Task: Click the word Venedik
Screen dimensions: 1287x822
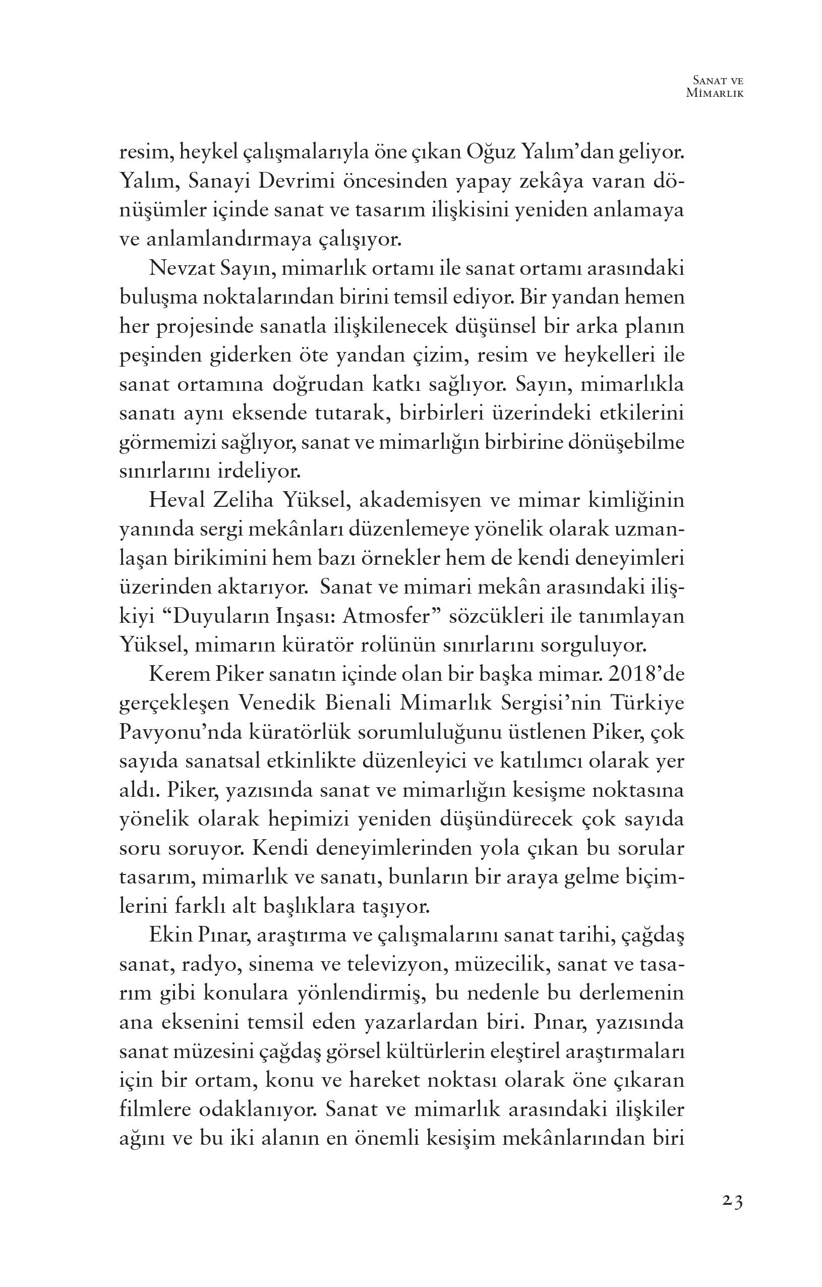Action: click(276, 704)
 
